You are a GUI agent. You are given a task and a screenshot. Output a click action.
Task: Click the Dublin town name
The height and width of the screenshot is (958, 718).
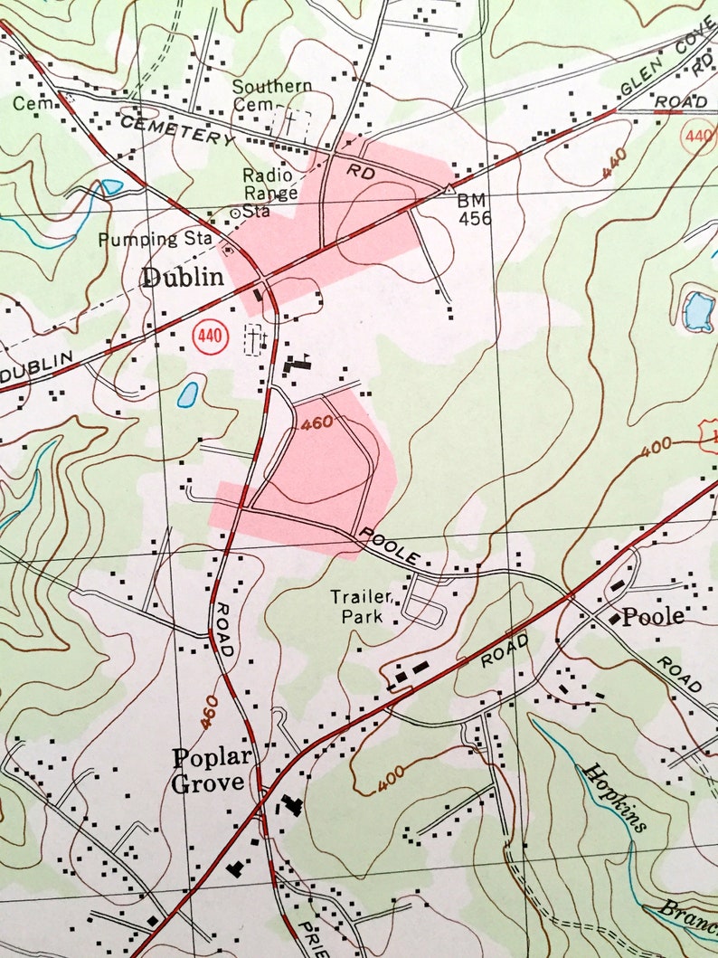pyautogui.click(x=182, y=278)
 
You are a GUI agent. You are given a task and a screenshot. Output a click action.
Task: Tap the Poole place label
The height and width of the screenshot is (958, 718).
pyautogui.click(x=653, y=617)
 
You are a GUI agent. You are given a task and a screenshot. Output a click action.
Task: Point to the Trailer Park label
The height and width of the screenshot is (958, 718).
pyautogui.click(x=360, y=607)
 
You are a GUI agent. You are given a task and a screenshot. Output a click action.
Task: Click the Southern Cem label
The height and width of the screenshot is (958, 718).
pyautogui.click(x=271, y=95)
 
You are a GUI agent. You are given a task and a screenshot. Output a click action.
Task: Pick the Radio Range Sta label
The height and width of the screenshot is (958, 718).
pyautogui.click(x=269, y=192)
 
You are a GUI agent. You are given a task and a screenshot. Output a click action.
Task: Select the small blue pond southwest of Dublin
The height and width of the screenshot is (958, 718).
pyautogui.click(x=188, y=394)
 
